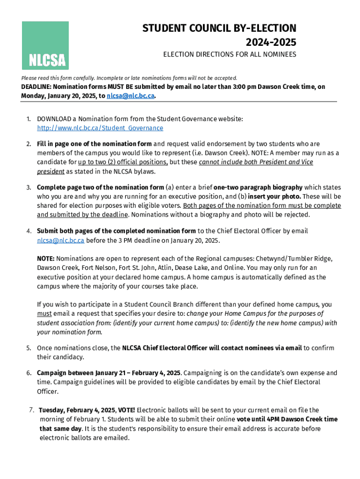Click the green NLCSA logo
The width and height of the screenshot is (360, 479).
(x=45, y=45)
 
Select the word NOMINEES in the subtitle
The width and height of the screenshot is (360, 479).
(x=279, y=55)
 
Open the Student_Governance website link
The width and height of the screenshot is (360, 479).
(x=100, y=128)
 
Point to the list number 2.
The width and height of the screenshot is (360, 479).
(x=28, y=144)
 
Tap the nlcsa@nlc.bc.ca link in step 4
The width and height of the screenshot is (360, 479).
(x=61, y=240)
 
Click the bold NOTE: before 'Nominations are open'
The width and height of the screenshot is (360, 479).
(x=46, y=259)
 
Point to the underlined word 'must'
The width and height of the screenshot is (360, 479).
(x=44, y=314)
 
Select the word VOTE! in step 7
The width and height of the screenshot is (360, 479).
(x=123, y=410)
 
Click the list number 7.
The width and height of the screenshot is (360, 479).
(x=31, y=410)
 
